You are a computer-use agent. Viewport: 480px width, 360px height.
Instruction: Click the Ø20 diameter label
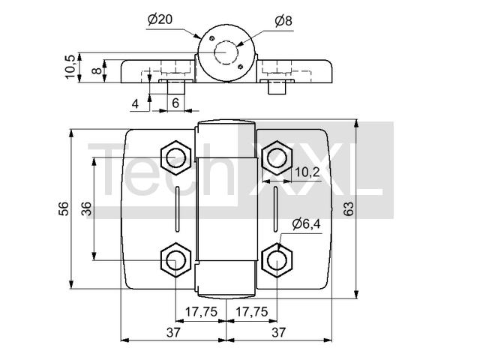coord(160,19)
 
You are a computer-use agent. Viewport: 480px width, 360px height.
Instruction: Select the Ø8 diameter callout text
coord(283,21)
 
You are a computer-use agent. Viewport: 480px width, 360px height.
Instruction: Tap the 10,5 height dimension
coord(70,67)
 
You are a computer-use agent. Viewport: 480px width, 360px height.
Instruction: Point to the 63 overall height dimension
coord(348,208)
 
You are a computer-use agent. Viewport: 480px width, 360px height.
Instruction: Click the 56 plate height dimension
coord(64,208)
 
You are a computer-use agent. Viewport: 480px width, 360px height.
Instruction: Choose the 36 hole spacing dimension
coord(87,208)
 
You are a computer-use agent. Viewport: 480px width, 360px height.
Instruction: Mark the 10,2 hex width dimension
coord(307,172)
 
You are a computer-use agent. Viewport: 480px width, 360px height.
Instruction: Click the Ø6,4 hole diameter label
coord(307,223)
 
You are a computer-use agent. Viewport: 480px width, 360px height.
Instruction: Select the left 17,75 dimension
coord(201,312)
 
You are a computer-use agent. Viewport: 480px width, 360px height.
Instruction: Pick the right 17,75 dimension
coord(252,312)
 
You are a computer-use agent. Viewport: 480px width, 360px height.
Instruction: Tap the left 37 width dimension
coord(174,332)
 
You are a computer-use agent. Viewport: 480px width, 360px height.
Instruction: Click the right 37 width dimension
coord(278,332)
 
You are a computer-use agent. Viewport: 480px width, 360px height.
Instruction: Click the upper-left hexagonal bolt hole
coord(176,157)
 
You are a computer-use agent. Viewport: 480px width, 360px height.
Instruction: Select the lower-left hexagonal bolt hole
coord(176,260)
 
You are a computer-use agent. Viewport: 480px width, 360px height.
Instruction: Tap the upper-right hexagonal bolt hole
coord(277,157)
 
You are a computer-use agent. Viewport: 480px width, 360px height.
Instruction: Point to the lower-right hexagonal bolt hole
coord(277,260)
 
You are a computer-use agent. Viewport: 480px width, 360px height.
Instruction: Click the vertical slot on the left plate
coord(177,208)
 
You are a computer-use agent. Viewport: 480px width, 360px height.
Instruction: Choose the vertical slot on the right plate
coord(275,208)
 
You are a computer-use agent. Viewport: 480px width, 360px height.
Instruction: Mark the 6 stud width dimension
coord(175,103)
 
